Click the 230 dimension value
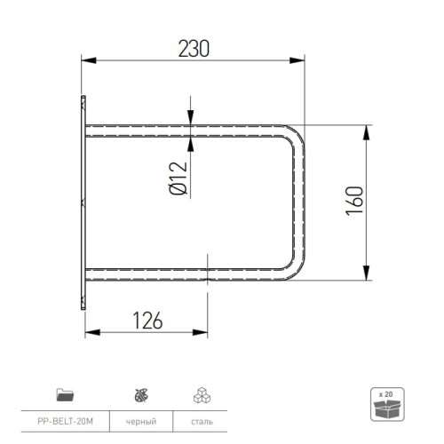(x=194, y=49)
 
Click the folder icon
(x=64, y=392)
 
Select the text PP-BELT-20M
(x=65, y=420)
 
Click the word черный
(x=140, y=420)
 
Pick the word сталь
(x=200, y=420)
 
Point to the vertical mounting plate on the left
(x=82, y=202)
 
